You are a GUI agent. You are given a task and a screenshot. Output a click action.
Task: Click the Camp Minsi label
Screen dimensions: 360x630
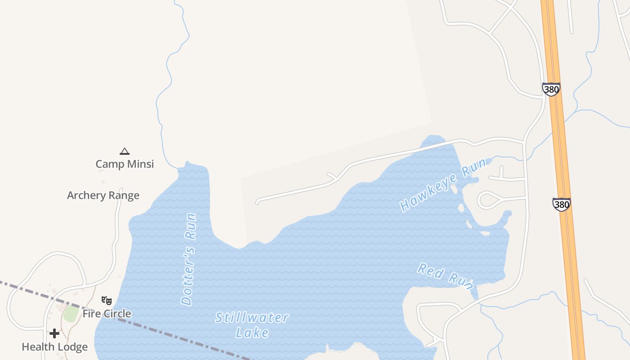pyautogui.click(x=125, y=164)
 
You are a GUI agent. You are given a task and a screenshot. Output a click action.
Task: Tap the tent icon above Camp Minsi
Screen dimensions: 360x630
pyautogui.click(x=125, y=151)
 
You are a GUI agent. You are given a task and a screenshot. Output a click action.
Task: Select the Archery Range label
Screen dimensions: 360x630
pyautogui.click(x=103, y=195)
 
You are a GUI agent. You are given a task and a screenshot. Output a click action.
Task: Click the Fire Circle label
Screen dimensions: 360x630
pyautogui.click(x=107, y=314)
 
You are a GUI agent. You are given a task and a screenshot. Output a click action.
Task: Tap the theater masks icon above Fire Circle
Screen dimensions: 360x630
pyautogui.click(x=107, y=300)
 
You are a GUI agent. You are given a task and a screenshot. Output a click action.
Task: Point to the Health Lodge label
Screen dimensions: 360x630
pyautogui.click(x=54, y=347)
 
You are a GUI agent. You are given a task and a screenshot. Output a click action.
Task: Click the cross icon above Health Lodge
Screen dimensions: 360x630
pyautogui.click(x=54, y=333)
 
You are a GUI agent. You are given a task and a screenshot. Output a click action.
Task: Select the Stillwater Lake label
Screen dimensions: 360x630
pyautogui.click(x=252, y=324)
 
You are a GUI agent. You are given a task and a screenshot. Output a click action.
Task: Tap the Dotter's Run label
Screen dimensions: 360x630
pyautogui.click(x=189, y=259)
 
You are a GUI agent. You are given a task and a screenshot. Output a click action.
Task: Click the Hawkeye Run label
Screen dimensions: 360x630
pyautogui.click(x=443, y=184)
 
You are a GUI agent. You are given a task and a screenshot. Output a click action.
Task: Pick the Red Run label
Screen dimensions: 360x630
pyautogui.click(x=445, y=276)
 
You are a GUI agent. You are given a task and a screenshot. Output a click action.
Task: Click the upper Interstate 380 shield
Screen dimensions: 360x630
pyautogui.click(x=551, y=89)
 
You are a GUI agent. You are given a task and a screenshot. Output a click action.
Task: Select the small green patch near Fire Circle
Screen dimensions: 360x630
pyautogui.click(x=70, y=313)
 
